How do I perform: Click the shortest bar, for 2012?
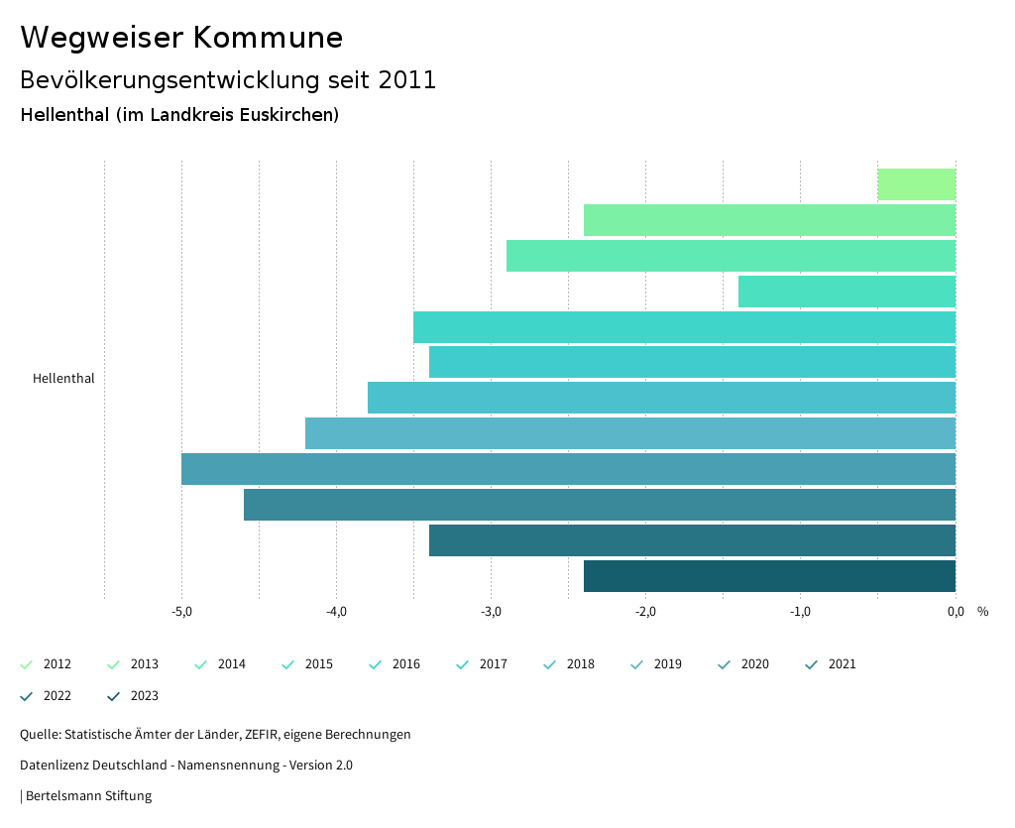point(916,184)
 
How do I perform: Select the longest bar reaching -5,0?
point(568,469)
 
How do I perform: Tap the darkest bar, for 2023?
point(769,576)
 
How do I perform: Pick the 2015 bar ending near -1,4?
point(846,292)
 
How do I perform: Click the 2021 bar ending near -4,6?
point(600,505)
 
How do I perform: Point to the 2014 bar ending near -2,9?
point(731,256)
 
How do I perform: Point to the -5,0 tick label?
point(181,612)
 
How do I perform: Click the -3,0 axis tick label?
point(491,612)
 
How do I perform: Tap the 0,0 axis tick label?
point(956,612)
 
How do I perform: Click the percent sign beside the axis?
point(982,612)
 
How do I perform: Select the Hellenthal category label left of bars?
point(63,379)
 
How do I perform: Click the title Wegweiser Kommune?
point(181,38)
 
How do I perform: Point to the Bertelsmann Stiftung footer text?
point(87,796)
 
